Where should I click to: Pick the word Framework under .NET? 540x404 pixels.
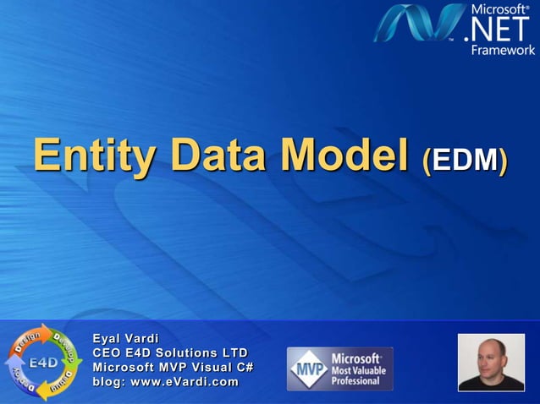tap(504, 50)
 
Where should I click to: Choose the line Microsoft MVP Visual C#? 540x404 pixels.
tap(174, 368)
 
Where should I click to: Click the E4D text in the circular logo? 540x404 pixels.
tap(43, 363)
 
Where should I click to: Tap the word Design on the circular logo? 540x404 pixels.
tap(28, 342)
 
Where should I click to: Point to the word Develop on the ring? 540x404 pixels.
tap(66, 345)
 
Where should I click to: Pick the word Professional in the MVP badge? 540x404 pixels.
tap(355, 381)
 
